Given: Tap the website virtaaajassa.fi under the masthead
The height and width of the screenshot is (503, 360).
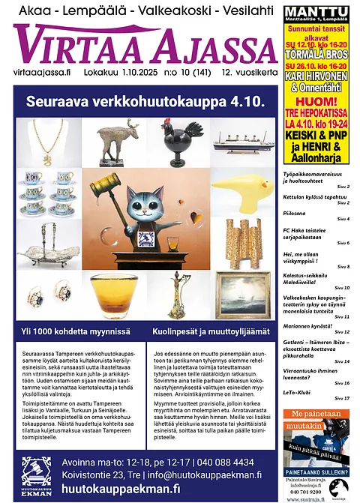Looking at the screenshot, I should click(42, 73).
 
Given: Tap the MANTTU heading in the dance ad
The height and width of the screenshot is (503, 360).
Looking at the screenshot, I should click(316, 12).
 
